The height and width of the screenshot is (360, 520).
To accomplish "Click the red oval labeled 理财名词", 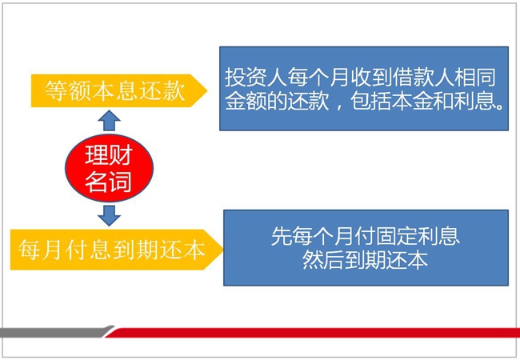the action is [x=109, y=168].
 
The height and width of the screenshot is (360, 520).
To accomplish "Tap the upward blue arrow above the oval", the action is [x=109, y=121].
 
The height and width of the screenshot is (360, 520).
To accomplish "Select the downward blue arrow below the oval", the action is [x=109, y=215].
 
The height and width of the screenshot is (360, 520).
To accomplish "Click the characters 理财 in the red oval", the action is [x=109, y=155].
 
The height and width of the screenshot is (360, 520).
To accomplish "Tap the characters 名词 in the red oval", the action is [x=109, y=182].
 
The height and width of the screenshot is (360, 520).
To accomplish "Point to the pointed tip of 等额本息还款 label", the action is [x=207, y=90].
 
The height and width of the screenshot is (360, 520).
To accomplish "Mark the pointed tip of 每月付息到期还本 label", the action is [x=223, y=250].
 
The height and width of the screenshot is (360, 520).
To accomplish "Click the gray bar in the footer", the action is [x=56, y=332].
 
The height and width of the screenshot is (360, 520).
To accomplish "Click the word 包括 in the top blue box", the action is [x=370, y=101].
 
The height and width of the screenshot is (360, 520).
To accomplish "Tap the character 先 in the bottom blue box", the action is [x=282, y=236].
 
